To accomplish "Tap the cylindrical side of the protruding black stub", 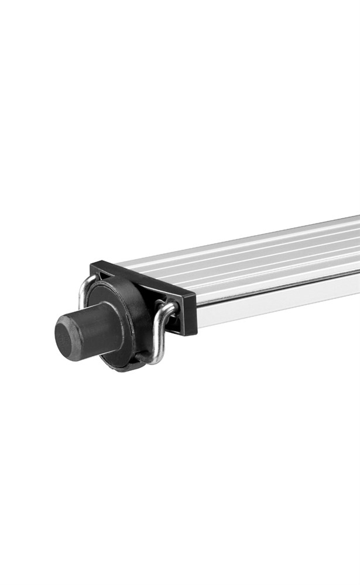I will point(100,328).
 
